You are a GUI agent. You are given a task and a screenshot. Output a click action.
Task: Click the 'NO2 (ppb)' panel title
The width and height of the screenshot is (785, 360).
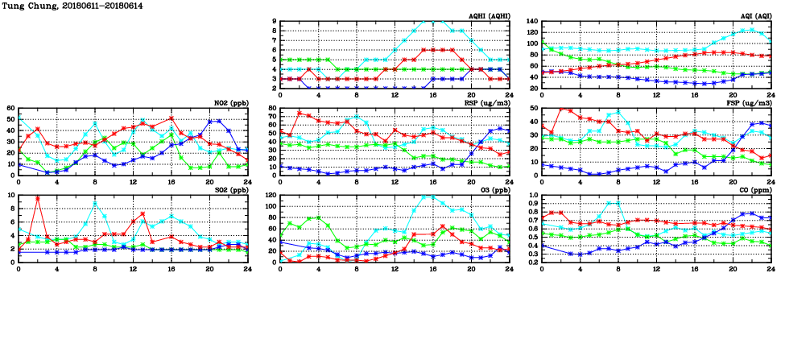(x=231, y=103)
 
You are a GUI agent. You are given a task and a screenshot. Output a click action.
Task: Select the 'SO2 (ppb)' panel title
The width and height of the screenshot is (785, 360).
(x=231, y=190)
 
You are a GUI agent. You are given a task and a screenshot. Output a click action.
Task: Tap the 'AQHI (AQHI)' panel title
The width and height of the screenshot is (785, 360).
(x=488, y=16)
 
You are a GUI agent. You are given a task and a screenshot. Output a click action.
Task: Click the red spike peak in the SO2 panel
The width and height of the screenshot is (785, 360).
(x=38, y=198)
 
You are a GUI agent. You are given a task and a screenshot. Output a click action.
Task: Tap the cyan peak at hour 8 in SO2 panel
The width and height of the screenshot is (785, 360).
(x=95, y=204)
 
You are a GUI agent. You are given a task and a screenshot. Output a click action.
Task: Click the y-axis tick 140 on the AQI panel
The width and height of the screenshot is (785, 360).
(x=532, y=22)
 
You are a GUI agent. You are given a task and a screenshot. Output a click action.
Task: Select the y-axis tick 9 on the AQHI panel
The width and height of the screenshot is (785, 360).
(x=274, y=22)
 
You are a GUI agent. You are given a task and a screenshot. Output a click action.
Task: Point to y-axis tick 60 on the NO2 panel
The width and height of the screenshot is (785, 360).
(x=10, y=109)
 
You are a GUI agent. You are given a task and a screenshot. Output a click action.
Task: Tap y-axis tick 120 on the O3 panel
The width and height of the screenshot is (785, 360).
(x=271, y=196)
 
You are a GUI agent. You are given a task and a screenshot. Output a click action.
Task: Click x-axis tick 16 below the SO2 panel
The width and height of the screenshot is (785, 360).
(x=171, y=267)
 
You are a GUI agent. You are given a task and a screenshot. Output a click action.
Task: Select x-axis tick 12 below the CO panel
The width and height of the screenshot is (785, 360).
(x=656, y=267)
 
